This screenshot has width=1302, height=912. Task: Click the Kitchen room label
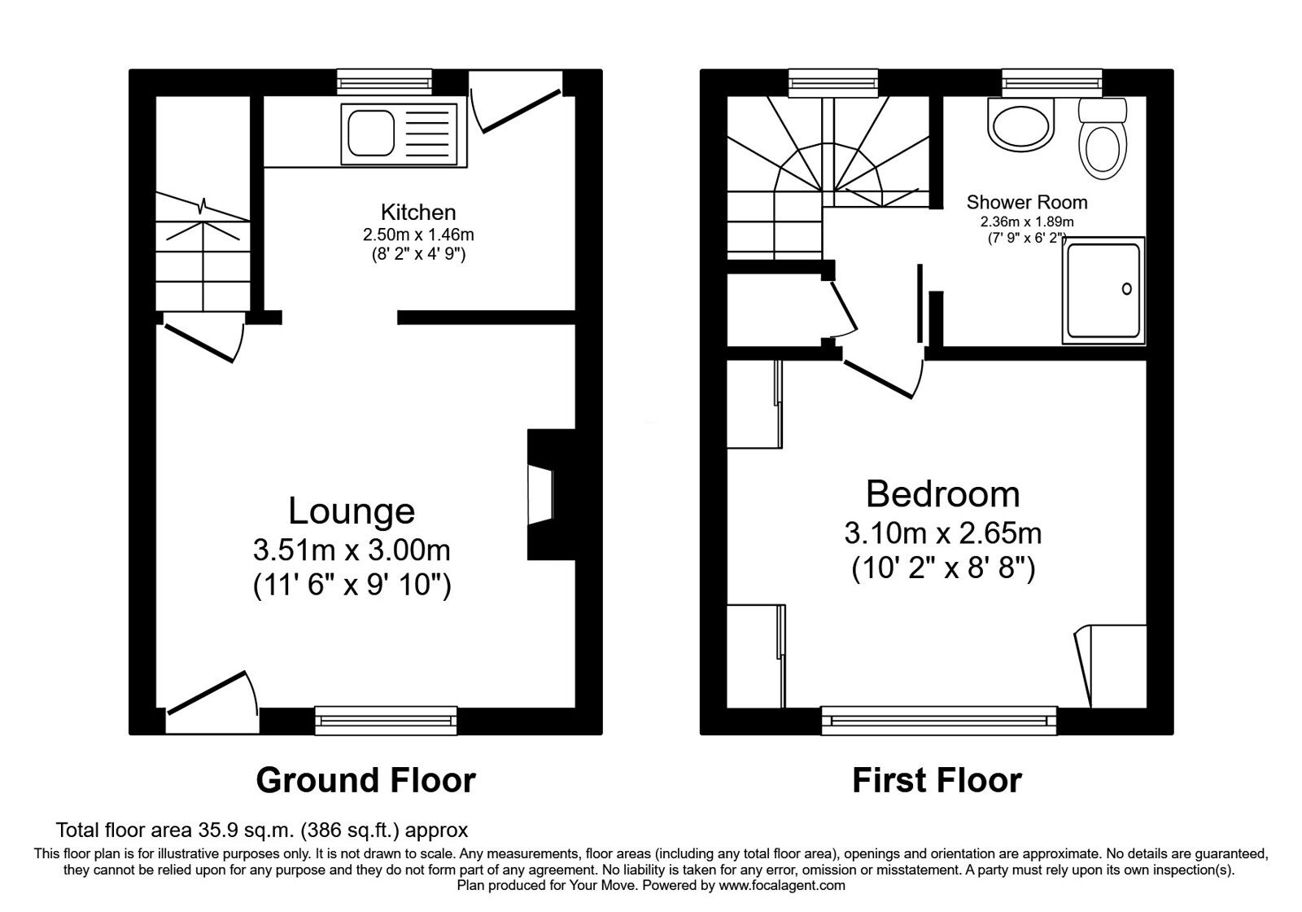(418, 213)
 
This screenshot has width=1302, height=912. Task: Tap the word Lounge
(352, 512)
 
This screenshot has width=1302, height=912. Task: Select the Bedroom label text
(943, 494)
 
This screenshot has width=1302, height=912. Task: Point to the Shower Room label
(1026, 203)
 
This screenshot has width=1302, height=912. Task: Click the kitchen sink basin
(371, 134)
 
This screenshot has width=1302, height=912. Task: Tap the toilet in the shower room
(1103, 138)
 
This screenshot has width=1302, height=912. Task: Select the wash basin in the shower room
(1020, 124)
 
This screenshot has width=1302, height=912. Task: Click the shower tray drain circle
(1126, 288)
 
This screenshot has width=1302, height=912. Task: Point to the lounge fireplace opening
(540, 494)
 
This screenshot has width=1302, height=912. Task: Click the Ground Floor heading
(365, 780)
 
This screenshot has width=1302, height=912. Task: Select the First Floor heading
(937, 780)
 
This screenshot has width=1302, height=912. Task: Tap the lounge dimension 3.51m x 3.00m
(352, 550)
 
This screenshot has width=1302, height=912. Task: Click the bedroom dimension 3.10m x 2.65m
(943, 533)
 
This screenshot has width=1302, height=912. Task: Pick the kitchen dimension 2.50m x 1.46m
(418, 235)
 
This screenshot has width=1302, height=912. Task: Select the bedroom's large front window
(939, 721)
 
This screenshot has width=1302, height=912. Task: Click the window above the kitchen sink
(385, 82)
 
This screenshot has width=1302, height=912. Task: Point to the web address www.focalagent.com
(782, 885)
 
